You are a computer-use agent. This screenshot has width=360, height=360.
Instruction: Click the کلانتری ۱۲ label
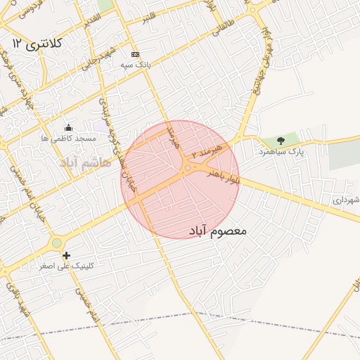[42, 44]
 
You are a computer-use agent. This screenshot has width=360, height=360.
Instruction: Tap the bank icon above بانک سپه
[135, 54]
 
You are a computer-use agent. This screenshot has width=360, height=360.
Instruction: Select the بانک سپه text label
[136, 65]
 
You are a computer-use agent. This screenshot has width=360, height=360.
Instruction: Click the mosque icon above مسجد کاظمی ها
[68, 127]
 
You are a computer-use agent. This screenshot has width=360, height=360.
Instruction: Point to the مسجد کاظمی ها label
[68, 139]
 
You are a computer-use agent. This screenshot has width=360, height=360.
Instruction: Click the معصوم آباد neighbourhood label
[219, 230]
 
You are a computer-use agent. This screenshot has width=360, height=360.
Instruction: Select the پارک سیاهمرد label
[282, 152]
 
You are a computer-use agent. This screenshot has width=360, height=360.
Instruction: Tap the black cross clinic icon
[66, 256]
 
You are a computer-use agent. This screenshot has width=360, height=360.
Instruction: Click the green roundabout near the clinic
[56, 243]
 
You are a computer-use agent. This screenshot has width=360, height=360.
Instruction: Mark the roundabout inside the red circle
[188, 168]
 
